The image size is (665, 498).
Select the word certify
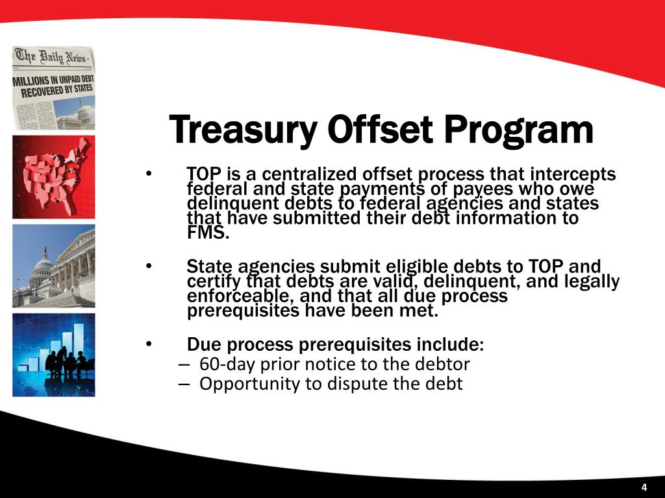pos(210,281)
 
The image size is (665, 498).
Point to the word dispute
pos(355,384)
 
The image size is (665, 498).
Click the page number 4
pos(644,488)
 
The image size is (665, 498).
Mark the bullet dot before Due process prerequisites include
pos(149,344)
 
